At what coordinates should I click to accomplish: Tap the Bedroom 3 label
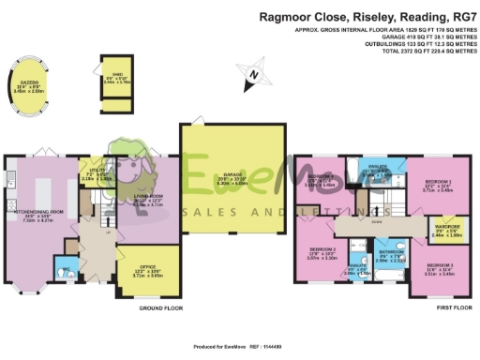point(439,272)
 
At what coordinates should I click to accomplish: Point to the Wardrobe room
point(441,230)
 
